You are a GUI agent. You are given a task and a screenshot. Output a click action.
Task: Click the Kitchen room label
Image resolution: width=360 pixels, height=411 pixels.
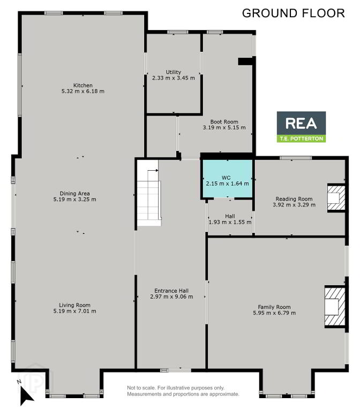83,85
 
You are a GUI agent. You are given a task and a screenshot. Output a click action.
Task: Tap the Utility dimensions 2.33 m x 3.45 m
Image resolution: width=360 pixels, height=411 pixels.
174,78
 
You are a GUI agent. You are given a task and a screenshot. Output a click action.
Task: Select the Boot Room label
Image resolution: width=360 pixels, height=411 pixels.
224,121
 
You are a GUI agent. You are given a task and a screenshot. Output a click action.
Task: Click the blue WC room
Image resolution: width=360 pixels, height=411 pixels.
228,179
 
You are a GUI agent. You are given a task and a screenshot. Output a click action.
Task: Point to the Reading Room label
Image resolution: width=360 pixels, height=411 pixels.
294,199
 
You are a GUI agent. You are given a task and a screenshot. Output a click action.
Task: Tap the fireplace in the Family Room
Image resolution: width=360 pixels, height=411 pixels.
335,307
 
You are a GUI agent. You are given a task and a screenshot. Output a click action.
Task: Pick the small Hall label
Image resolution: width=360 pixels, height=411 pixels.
230,216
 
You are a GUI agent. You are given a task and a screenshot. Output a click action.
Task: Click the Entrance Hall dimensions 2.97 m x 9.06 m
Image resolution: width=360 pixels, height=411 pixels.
171,296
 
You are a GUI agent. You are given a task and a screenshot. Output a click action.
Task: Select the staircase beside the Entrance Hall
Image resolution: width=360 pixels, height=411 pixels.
149,193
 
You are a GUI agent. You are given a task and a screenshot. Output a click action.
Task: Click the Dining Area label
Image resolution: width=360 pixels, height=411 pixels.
75,193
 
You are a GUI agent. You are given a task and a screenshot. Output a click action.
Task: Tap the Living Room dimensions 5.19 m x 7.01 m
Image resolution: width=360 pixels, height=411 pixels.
75,311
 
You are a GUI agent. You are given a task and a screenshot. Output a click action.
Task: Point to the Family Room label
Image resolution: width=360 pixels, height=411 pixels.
274,307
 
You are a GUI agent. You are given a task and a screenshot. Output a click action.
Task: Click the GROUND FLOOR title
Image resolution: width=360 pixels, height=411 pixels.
294,13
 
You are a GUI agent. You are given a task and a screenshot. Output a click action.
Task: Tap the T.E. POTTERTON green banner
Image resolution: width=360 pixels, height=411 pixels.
301,139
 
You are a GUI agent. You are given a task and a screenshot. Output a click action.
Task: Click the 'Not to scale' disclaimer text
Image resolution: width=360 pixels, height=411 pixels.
183,391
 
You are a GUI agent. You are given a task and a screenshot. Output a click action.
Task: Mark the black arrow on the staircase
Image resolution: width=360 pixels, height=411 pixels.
153,170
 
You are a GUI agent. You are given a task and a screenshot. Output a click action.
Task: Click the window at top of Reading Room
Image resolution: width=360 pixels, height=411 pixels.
296,158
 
